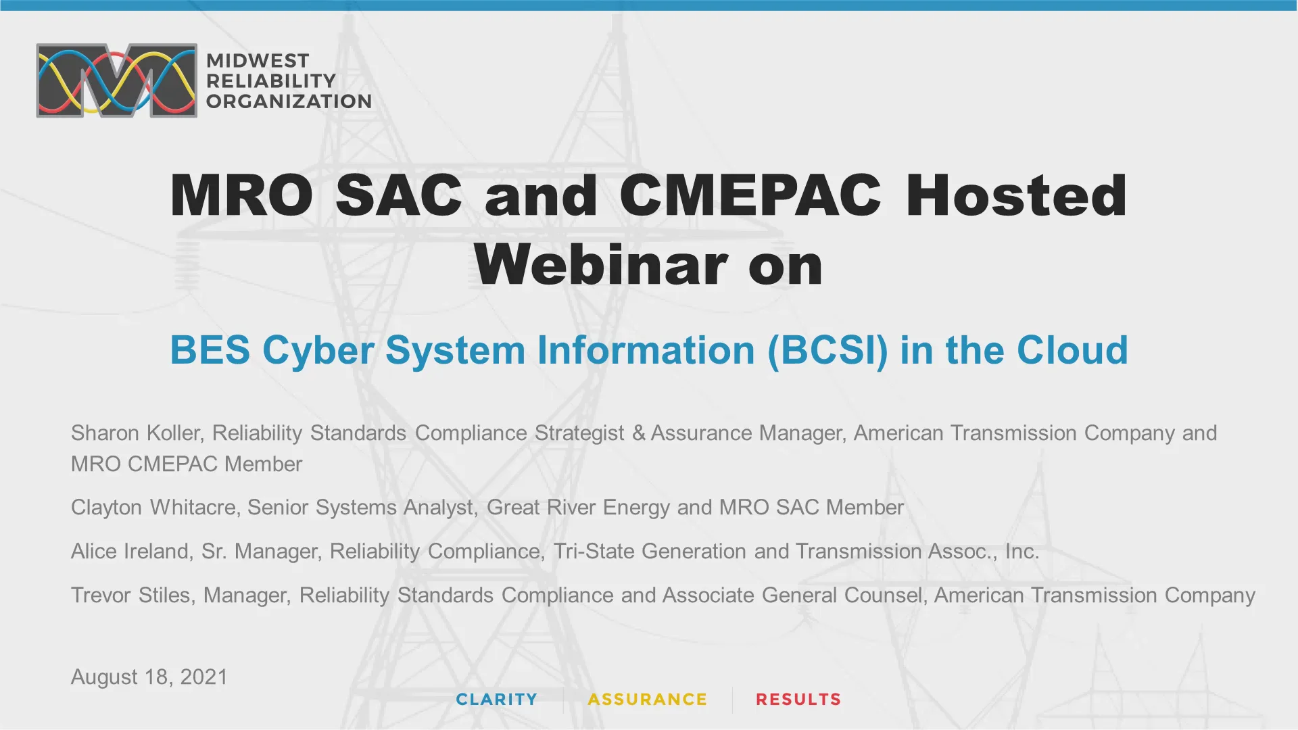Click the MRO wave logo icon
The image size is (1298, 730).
click(116, 80)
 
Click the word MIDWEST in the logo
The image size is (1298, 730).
click(258, 60)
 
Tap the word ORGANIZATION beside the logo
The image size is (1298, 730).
click(289, 101)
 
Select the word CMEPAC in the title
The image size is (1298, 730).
click(750, 195)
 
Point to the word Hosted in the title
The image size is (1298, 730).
click(1016, 195)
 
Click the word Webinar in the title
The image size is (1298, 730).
click(600, 265)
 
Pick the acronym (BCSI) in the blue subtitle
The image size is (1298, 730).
click(827, 350)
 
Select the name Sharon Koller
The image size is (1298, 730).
click(136, 433)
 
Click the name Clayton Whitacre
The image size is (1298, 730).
click(153, 507)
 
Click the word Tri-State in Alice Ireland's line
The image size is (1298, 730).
click(593, 551)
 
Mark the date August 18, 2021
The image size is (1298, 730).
click(149, 677)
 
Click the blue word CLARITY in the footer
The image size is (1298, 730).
click(497, 700)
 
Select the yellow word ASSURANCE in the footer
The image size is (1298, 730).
click(648, 700)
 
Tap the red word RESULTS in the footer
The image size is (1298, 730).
click(798, 700)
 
